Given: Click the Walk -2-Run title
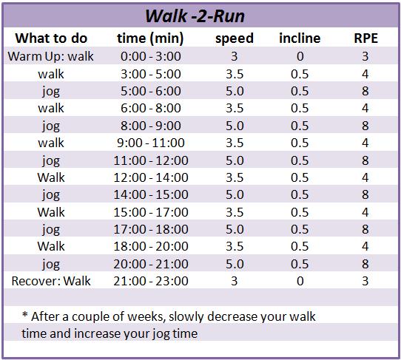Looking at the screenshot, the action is pyautogui.click(x=195, y=16).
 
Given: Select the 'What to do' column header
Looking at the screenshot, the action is pyautogui.click(x=51, y=38).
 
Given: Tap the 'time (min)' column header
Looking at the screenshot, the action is pyautogui.click(x=150, y=39).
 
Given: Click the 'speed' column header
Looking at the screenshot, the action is pyautogui.click(x=235, y=39).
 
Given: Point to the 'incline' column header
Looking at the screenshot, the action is pyautogui.click(x=300, y=38).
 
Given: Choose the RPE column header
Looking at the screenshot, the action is pyautogui.click(x=365, y=38).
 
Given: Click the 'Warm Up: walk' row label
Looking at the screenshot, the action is pyautogui.click(x=50, y=56).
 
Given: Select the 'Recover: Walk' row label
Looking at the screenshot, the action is pyautogui.click(x=51, y=281).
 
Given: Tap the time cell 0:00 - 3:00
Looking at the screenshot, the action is pyautogui.click(x=151, y=56).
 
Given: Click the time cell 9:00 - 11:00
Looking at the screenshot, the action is pyautogui.click(x=151, y=143).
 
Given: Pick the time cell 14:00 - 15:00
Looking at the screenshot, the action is pyautogui.click(x=151, y=194).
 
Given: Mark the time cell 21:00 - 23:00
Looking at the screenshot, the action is pyautogui.click(x=151, y=281).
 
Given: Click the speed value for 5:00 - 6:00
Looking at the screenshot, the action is pyautogui.click(x=235, y=91).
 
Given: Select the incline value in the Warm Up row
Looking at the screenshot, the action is pyautogui.click(x=300, y=56).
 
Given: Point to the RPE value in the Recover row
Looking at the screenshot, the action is pyautogui.click(x=365, y=281).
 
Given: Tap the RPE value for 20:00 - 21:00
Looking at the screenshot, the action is pyautogui.click(x=365, y=264).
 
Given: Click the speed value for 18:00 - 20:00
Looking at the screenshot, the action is pyautogui.click(x=235, y=247).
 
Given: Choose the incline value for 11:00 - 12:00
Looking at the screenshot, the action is pyautogui.click(x=300, y=160).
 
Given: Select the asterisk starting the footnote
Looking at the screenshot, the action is pyautogui.click(x=25, y=314).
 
